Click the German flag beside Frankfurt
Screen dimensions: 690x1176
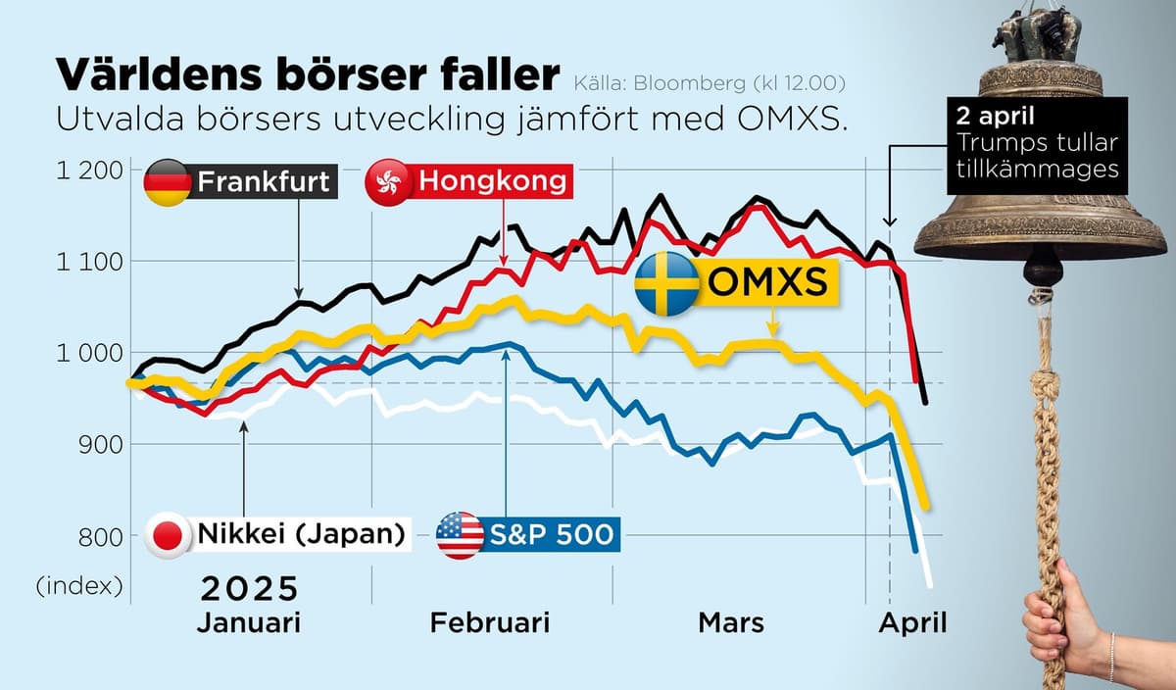[x=168, y=183]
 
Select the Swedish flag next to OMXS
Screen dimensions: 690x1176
[x=667, y=283]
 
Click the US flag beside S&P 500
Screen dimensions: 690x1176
[x=460, y=535]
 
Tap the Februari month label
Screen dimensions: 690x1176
[x=490, y=622]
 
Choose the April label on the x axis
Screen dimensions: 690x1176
[x=912, y=622]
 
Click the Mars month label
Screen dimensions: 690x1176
[x=731, y=622]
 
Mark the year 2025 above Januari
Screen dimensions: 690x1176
[x=249, y=589]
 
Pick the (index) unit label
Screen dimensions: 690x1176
[x=79, y=586]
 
